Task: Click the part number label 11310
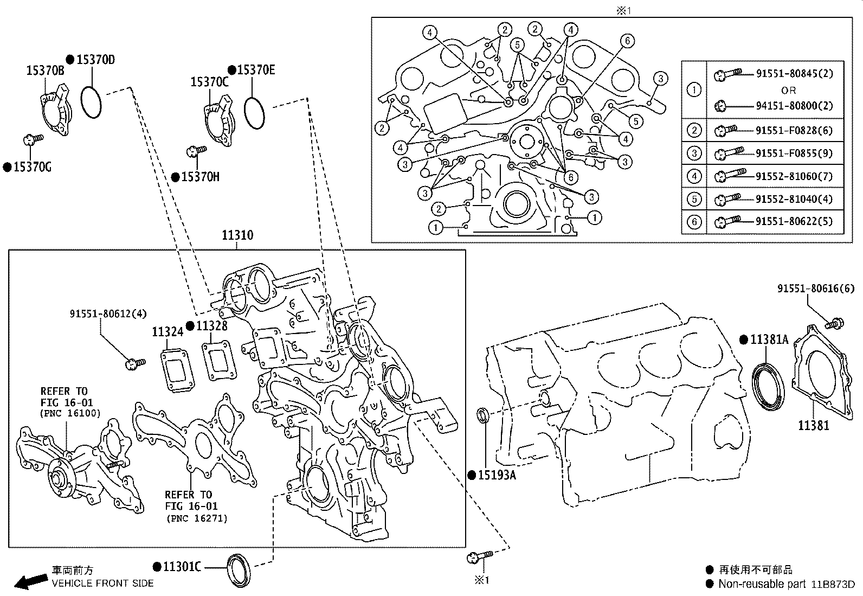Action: click(237, 235)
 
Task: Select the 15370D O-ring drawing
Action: click(91, 101)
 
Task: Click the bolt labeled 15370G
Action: click(30, 140)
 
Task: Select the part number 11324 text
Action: click(168, 332)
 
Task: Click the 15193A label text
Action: click(497, 476)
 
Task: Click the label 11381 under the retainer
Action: click(813, 425)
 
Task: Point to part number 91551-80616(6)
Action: click(815, 290)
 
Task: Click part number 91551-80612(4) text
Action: click(108, 314)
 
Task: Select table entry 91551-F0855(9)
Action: click(794, 153)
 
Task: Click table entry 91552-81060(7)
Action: click(794, 176)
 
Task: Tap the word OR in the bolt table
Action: click(789, 90)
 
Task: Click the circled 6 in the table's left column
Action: click(694, 222)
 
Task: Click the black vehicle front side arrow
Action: click(30, 581)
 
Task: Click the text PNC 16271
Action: click(197, 518)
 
